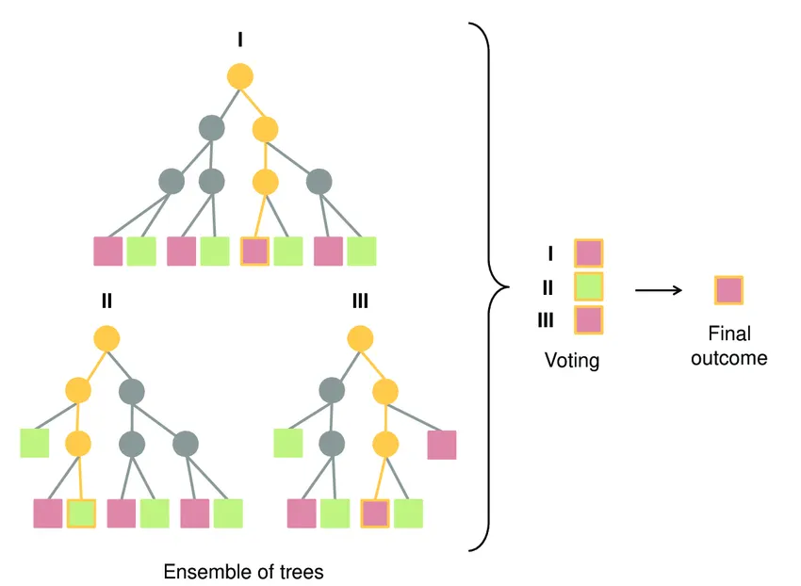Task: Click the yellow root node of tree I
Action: pos(240,74)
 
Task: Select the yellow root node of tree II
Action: pos(106,336)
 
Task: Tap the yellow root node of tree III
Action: pos(359,336)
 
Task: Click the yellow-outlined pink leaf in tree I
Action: pos(254,251)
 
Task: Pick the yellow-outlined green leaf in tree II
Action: pos(82,513)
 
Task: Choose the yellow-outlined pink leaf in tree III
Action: pos(374,513)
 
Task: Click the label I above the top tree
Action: pos(240,40)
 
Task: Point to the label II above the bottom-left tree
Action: pos(106,301)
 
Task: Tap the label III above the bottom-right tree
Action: pos(359,301)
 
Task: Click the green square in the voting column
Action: pos(588,286)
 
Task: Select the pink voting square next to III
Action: pos(588,319)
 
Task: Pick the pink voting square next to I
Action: pos(588,252)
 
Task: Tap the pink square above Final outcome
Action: pos(728,290)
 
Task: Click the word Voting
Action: pos(571,360)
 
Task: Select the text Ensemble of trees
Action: pos(243,572)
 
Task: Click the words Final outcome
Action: pos(728,346)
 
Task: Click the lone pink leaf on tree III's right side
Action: pos(441,445)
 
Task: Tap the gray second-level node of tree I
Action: pos(212,127)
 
